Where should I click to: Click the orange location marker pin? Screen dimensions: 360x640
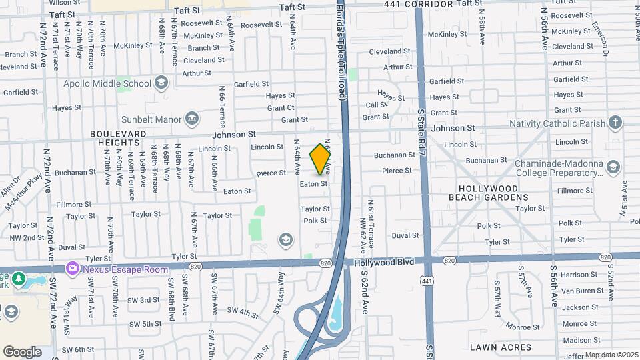(321, 159)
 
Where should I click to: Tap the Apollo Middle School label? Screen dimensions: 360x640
(107, 83)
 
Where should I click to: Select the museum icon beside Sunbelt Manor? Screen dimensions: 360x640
(192, 119)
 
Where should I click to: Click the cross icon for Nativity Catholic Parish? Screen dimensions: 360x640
(615, 123)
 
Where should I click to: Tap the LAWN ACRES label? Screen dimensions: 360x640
(501, 347)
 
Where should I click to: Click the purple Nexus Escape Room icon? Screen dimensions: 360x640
(72, 268)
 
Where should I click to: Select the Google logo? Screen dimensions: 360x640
(22, 351)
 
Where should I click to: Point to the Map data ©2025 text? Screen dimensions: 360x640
(611, 355)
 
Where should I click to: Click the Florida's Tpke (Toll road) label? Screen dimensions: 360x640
(340, 53)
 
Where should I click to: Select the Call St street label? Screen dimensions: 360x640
(376, 105)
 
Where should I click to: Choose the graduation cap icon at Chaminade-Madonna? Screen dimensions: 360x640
(613, 168)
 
